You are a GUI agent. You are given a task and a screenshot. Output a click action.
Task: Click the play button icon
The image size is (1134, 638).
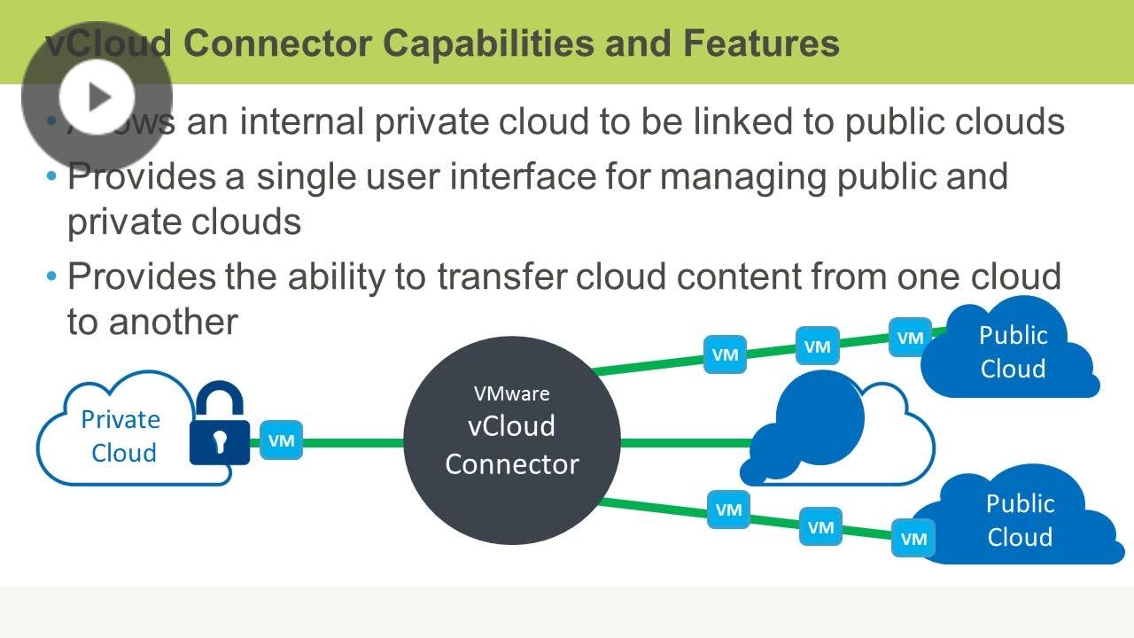97,97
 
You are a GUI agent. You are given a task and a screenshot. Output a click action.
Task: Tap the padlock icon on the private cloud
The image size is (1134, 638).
218,425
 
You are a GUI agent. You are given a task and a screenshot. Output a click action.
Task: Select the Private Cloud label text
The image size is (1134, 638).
121,436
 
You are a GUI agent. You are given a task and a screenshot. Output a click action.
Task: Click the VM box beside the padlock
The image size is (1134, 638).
282,440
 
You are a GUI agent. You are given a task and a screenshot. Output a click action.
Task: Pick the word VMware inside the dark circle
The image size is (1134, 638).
511,393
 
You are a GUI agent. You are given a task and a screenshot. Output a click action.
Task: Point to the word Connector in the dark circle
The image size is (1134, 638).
511,463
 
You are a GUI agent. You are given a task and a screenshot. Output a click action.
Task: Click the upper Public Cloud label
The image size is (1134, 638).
1013,352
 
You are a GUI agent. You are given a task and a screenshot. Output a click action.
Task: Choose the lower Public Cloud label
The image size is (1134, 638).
1020,520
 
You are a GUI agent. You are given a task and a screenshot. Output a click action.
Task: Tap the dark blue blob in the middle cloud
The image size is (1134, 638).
811,425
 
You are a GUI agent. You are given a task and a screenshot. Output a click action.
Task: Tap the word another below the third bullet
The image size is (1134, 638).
173,322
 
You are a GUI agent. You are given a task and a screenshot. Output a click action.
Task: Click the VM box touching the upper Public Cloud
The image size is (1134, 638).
910,338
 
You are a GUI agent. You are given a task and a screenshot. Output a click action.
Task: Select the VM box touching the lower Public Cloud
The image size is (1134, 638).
913,538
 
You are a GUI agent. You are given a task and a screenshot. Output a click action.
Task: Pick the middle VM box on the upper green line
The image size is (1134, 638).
817,346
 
